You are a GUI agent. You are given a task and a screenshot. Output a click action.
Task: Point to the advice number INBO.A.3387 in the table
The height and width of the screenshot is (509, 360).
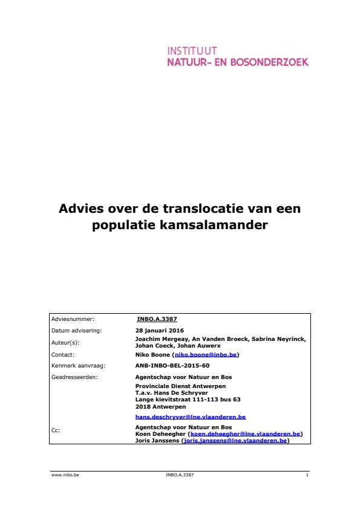coord(157,319)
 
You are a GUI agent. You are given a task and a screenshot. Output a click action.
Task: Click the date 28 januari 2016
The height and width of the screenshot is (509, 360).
coord(159,331)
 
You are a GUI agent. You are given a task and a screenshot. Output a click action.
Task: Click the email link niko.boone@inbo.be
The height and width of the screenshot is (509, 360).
coord(205,355)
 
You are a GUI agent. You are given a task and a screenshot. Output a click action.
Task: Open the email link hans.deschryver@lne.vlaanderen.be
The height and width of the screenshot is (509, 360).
coord(191,417)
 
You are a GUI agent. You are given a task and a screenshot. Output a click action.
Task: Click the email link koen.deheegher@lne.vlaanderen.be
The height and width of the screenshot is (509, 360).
coord(246,434)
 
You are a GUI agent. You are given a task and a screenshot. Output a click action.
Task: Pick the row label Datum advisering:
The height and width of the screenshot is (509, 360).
coord(76,331)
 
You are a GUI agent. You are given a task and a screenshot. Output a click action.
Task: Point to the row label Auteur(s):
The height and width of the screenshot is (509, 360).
coord(65,342)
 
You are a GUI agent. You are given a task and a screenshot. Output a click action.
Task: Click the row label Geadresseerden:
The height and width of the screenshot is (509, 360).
coord(74,377)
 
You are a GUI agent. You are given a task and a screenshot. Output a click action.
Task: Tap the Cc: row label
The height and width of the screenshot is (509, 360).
coord(56,431)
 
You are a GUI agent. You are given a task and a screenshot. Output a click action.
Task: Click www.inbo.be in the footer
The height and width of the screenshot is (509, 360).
coord(65,475)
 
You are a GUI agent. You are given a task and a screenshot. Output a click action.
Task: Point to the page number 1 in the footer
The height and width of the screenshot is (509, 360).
coord(307,475)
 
